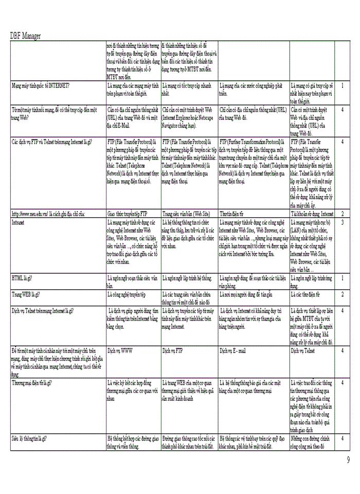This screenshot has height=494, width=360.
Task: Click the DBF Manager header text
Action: point(26,36)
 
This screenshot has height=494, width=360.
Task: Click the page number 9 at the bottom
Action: point(349,460)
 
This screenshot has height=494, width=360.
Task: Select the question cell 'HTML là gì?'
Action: point(22,278)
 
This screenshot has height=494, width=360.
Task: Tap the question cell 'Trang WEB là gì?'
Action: point(26,294)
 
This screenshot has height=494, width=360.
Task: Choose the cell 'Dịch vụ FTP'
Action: point(173,350)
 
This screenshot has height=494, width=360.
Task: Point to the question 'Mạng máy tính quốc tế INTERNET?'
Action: point(41,85)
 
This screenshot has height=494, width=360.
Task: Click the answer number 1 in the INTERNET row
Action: point(343,85)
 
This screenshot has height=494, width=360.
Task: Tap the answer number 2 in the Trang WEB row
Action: point(343,294)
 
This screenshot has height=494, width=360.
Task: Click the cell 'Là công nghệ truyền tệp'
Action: point(127,294)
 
